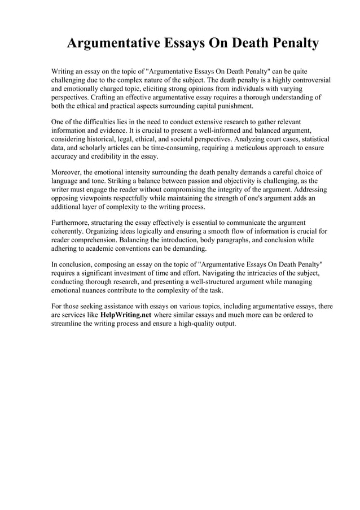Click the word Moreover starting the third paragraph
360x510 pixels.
click(x=68, y=171)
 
